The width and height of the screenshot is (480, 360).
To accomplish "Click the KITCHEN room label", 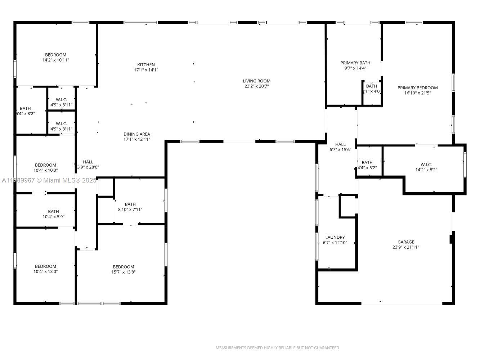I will click(146, 65).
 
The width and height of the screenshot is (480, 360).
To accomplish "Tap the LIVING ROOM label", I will click(256, 81).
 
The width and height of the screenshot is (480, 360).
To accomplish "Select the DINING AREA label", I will click(137, 134).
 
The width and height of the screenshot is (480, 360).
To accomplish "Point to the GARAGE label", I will click(406, 242).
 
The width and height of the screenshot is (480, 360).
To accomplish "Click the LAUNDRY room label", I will click(335, 237).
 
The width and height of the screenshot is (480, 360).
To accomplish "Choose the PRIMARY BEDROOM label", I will click(417, 88).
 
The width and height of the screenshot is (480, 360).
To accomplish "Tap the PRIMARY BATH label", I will click(355, 63).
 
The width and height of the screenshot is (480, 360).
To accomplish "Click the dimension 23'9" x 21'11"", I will click(406, 247).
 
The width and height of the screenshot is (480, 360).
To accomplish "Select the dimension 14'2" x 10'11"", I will click(55, 60).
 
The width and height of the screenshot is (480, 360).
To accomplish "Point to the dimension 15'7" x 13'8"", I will click(123, 272).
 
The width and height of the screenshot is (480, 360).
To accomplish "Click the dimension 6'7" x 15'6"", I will click(340, 150).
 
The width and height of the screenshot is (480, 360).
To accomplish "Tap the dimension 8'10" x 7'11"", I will click(130, 210).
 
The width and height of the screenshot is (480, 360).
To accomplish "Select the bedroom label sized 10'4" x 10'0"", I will click(45, 165).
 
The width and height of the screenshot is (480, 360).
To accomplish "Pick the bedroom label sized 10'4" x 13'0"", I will click(45, 266).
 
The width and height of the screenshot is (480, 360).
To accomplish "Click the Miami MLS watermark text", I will click(49, 180).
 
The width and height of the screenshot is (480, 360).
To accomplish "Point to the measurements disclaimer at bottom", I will click(278, 348).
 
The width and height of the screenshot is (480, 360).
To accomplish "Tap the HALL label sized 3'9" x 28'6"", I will click(88, 162).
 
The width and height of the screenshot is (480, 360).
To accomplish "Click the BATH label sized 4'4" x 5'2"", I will click(367, 162).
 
